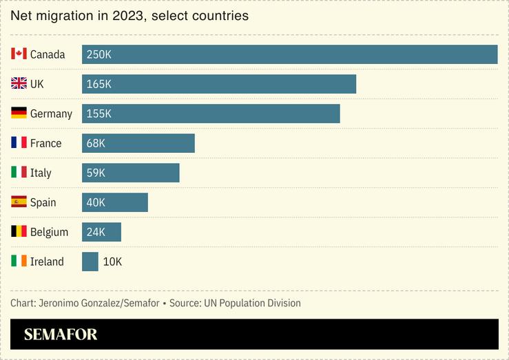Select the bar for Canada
click(x=289, y=54)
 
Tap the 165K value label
click(x=99, y=84)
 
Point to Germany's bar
click(x=211, y=114)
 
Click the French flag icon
click(x=19, y=143)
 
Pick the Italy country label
click(x=41, y=173)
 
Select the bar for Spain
click(x=115, y=202)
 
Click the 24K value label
click(x=96, y=232)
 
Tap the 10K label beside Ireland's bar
click(x=112, y=262)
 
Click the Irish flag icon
click(x=19, y=262)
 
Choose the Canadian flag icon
click(x=19, y=54)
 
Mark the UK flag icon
click(x=19, y=84)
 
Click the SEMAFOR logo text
click(x=61, y=335)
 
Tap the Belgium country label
click(x=49, y=232)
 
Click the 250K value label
click(x=99, y=54)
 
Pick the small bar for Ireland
click(x=90, y=262)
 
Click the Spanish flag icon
click(x=19, y=202)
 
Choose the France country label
click(x=45, y=143)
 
